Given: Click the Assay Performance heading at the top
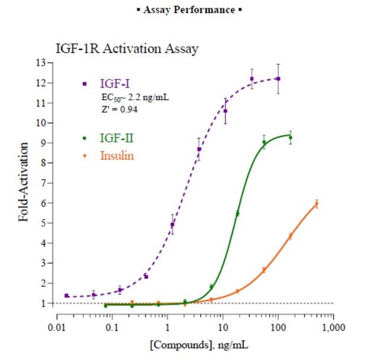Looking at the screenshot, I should tap(193, 11).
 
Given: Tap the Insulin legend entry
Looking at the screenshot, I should tap(117, 156).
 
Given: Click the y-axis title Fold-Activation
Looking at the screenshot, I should tap(24, 181).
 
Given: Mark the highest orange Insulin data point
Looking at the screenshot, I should tap(316, 205).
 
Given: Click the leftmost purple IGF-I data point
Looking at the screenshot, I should tap(67, 295).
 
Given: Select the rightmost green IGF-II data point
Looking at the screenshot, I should tap(290, 138).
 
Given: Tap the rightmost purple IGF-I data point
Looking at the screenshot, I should tap(278, 79).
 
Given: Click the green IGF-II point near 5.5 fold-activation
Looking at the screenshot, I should tap(237, 213).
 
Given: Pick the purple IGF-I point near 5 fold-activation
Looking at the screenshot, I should tap(173, 225).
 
